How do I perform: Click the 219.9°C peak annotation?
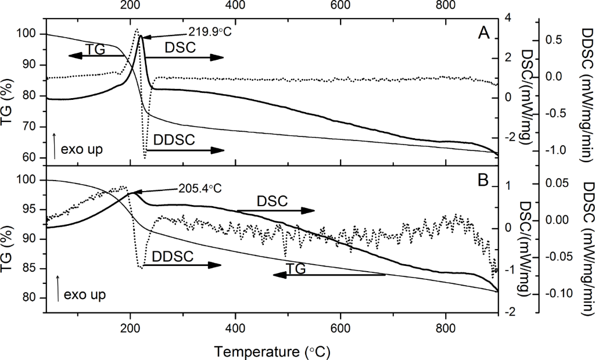pyautogui.click(x=210, y=31)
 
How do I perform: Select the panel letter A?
pyautogui.click(x=483, y=34)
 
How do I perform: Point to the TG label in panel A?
pyautogui.click(x=95, y=49)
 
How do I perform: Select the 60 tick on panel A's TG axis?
pyautogui.click(x=34, y=158)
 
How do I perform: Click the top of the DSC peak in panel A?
pyautogui.click(x=140, y=37)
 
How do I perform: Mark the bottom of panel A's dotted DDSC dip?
pyautogui.click(x=145, y=157)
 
